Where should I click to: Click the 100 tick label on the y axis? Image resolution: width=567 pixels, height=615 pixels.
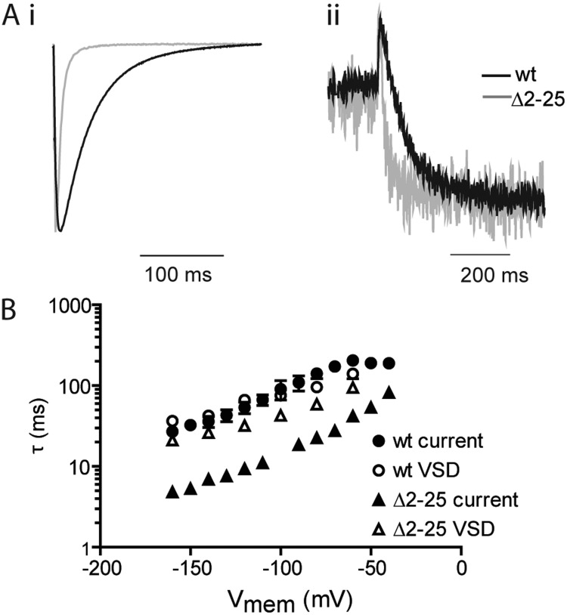[x=75, y=386]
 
